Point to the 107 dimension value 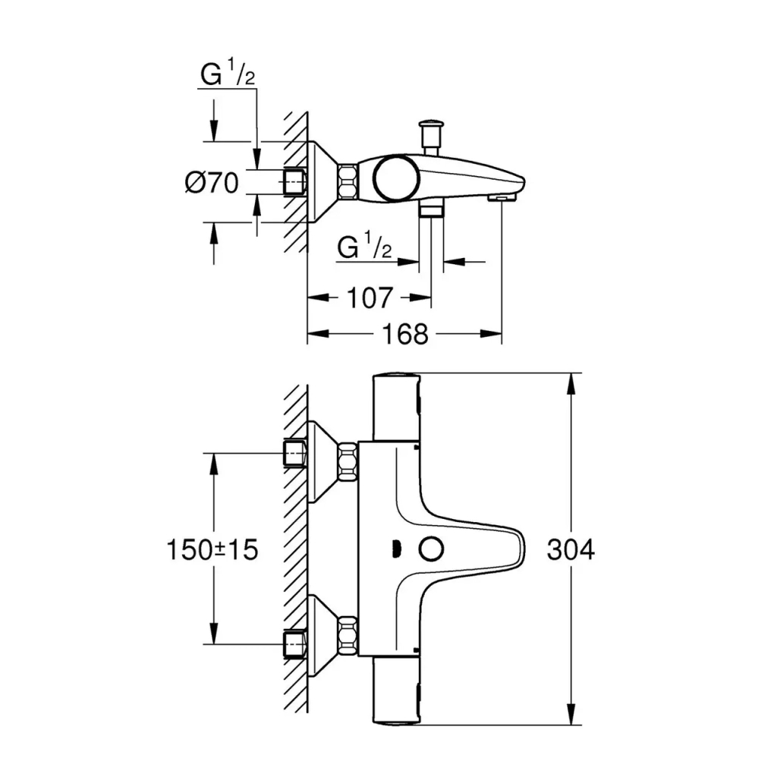pyautogui.click(x=372, y=297)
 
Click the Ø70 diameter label pyautogui.click(x=212, y=183)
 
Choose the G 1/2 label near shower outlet pyautogui.click(x=365, y=249)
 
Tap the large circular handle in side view pyautogui.click(x=392, y=179)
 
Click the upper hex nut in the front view pyautogui.click(x=348, y=461)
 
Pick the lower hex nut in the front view pyautogui.click(x=348, y=637)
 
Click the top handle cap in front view pyautogui.click(x=394, y=406)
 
